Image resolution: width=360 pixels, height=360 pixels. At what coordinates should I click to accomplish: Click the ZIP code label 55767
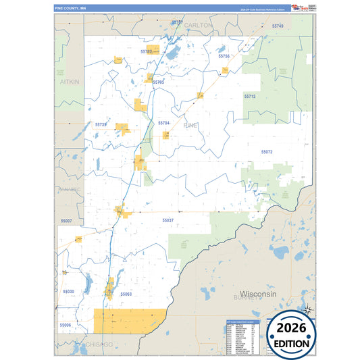pos(177,22)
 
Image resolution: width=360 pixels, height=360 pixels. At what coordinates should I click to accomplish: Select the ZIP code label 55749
pos(278,26)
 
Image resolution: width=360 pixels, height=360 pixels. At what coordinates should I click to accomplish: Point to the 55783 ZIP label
pos(147,51)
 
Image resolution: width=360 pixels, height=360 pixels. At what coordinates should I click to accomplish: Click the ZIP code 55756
pos(224,56)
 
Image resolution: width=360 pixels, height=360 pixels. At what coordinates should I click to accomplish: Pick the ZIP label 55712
pos(250,97)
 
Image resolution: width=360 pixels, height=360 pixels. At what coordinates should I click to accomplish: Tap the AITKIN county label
pos(70,82)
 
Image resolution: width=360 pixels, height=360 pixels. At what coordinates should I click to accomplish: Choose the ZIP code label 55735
pos(101,124)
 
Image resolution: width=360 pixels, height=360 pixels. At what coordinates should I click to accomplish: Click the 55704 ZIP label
pos(163,123)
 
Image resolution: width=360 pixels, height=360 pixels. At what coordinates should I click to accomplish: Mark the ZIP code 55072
pos(267,152)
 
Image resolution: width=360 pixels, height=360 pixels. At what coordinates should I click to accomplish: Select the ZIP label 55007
pos(66,220)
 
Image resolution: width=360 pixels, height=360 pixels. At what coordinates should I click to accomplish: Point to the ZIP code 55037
pos(168,220)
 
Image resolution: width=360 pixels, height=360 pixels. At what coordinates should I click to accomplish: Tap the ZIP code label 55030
pos(68,291)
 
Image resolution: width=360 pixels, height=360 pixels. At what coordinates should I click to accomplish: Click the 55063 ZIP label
pos(126,294)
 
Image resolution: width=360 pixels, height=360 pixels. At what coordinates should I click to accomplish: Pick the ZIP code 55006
pos(65,325)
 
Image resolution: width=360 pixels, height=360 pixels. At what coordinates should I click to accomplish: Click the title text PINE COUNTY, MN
pos(70,8)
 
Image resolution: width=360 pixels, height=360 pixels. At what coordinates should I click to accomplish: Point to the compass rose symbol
pos(307,310)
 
